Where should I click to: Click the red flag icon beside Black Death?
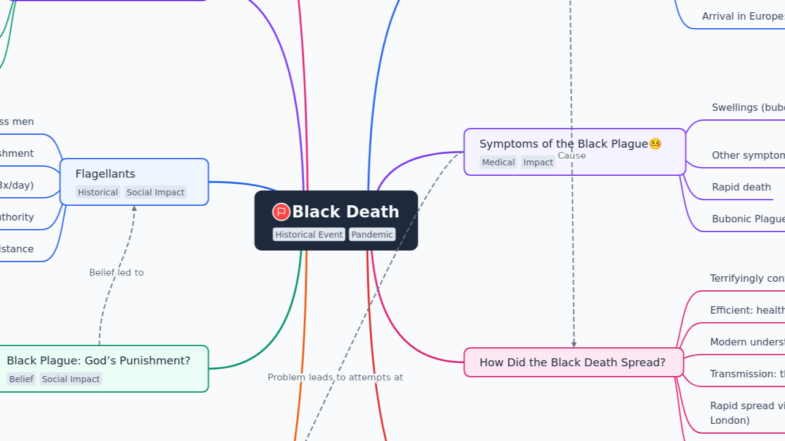(281, 212)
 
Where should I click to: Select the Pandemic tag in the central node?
(372, 235)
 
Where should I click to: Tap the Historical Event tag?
(308, 235)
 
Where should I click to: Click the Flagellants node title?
(105, 174)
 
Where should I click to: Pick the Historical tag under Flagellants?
(98, 192)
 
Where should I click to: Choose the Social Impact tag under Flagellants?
(155, 192)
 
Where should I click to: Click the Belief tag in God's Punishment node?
(21, 379)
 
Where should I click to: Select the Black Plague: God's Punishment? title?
(98, 361)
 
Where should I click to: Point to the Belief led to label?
(116, 273)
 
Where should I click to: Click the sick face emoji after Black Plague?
(655, 144)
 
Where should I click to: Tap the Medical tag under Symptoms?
(498, 162)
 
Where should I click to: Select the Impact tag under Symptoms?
(538, 162)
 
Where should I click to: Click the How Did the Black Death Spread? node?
(572, 363)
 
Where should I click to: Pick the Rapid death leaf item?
(741, 187)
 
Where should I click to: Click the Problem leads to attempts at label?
(335, 377)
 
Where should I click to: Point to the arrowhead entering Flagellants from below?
(134, 209)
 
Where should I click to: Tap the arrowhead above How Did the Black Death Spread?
(573, 344)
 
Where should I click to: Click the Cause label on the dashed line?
(572, 156)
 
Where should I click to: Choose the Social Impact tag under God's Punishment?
(71, 379)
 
